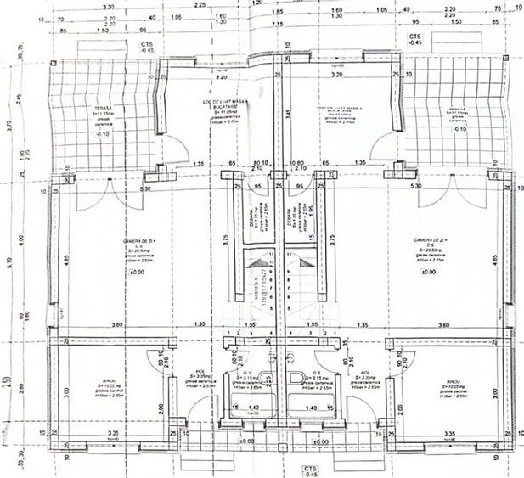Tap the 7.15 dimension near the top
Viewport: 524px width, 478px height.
(277, 25)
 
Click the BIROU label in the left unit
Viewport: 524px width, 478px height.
(104, 385)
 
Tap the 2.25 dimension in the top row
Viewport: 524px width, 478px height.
(200, 5)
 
